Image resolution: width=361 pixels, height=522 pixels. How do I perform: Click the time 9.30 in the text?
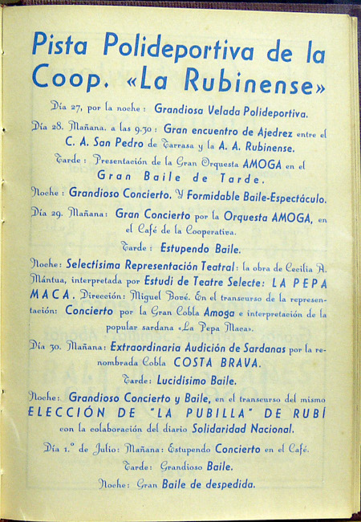click(147, 128)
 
